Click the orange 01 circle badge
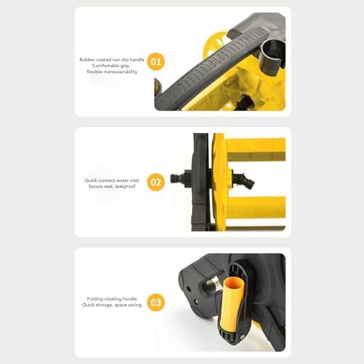(x=156, y=62)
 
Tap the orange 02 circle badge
(x=156, y=182)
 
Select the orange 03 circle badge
(x=156, y=302)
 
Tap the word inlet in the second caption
(x=135, y=181)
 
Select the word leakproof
(x=125, y=186)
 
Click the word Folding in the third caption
(x=96, y=299)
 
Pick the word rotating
(x=114, y=299)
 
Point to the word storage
(x=104, y=305)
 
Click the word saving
(x=135, y=305)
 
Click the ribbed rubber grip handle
(x=209, y=68)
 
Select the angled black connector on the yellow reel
(x=244, y=180)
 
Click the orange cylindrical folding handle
(x=232, y=304)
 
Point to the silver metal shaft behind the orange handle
(x=213, y=283)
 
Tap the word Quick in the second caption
(x=91, y=181)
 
